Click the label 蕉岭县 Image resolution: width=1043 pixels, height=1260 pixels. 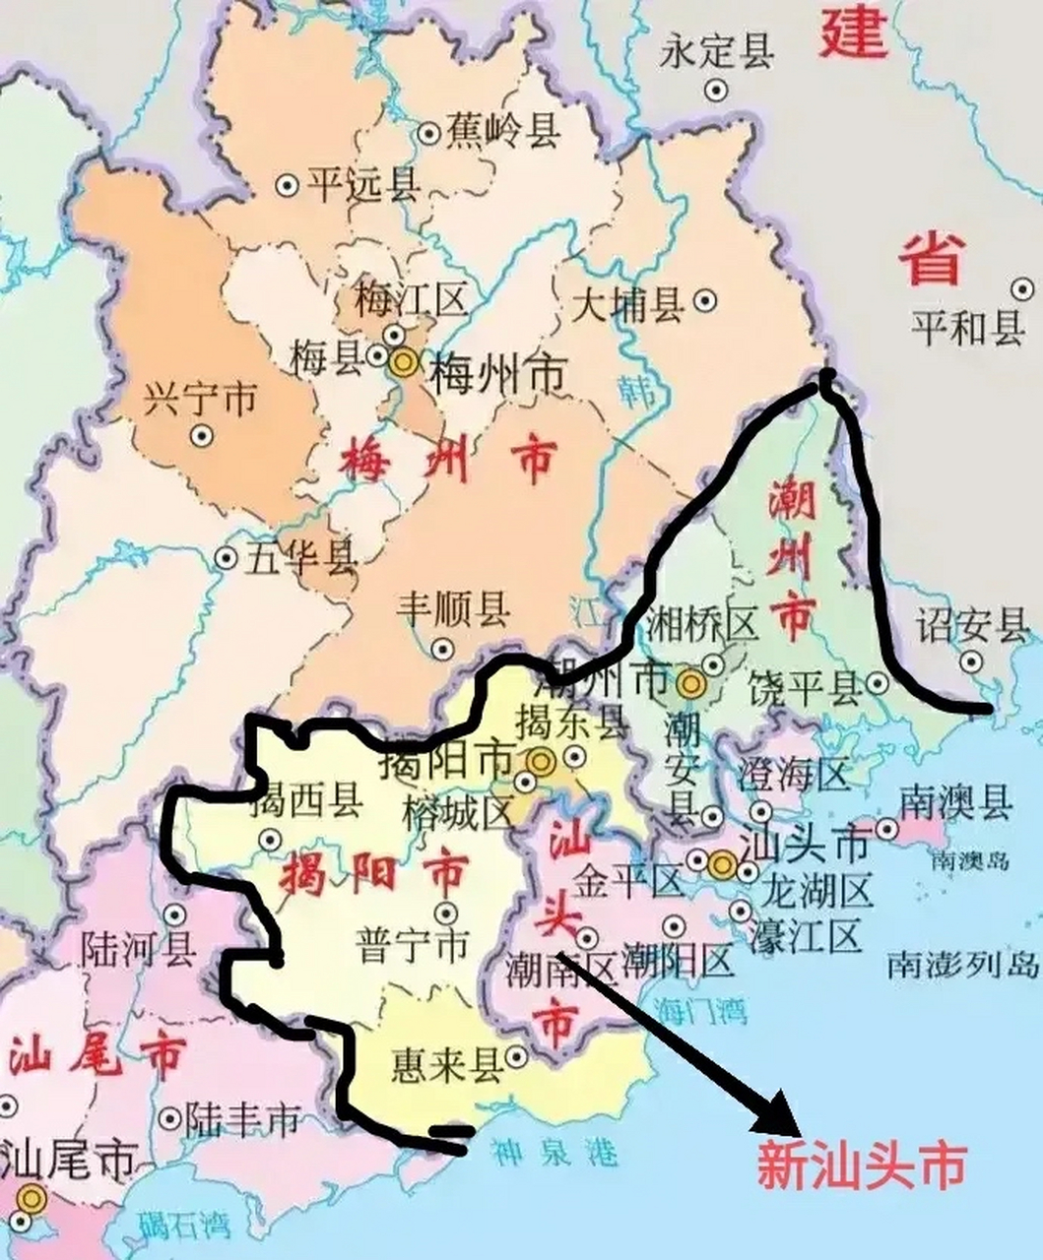[x=503, y=130]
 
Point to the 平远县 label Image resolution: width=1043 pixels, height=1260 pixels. [x=362, y=183]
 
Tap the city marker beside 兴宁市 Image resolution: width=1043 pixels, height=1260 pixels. [x=203, y=433]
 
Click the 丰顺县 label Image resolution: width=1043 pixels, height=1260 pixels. [x=453, y=610]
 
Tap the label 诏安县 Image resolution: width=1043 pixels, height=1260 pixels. [x=971, y=624]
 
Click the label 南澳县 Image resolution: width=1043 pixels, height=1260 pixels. [x=955, y=803]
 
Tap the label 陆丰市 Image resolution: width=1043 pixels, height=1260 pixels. [x=244, y=1118]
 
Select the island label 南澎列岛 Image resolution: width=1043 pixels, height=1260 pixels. [x=963, y=963]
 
